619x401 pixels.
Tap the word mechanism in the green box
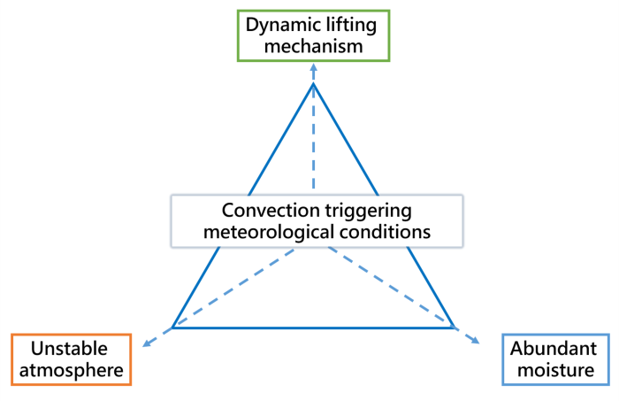pyautogui.click(x=313, y=45)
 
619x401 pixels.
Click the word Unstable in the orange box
pyautogui.click(x=71, y=348)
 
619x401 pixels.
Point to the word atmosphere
pyautogui.click(x=71, y=370)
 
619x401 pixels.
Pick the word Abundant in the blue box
pyautogui.click(x=554, y=348)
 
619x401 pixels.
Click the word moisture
pyautogui.click(x=554, y=370)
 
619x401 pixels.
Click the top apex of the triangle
pyautogui.click(x=313, y=83)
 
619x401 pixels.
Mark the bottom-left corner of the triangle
pyautogui.click(x=172, y=328)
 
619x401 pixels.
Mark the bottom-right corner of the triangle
pyautogui.click(x=454, y=328)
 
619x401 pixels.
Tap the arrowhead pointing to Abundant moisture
pyautogui.click(x=478, y=343)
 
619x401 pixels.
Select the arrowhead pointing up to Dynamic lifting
pyautogui.click(x=313, y=68)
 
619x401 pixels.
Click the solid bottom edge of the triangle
pyautogui.click(x=313, y=328)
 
